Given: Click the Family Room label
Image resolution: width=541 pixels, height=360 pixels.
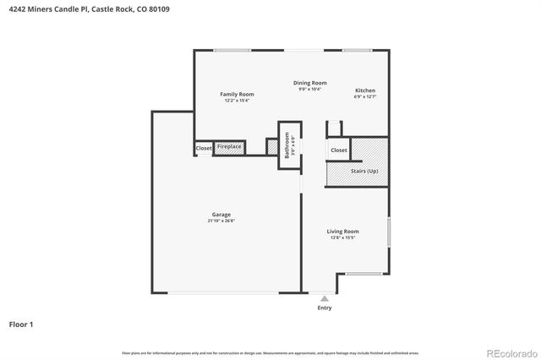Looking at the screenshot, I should pyautogui.click(x=237, y=94).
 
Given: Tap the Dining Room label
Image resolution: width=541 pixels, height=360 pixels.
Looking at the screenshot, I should pyautogui.click(x=310, y=83).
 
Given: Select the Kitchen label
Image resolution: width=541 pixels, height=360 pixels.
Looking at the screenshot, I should pyautogui.click(x=365, y=90).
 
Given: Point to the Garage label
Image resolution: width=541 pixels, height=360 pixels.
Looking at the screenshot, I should pyautogui.click(x=221, y=215).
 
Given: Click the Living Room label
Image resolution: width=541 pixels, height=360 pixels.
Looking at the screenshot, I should pyautogui.click(x=343, y=231).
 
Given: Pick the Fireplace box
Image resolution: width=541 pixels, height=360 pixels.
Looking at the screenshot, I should pyautogui.click(x=229, y=147).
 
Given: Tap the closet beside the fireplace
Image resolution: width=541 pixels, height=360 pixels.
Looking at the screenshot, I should pyautogui.click(x=204, y=148).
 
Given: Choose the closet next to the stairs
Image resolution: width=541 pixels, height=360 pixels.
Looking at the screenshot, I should pyautogui.click(x=338, y=150).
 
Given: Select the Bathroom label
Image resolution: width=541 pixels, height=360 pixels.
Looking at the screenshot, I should pyautogui.click(x=287, y=145).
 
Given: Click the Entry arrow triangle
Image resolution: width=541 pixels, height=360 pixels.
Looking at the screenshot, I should pyautogui.click(x=324, y=298).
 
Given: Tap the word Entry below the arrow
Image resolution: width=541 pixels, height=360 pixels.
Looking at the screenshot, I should pyautogui.click(x=325, y=308).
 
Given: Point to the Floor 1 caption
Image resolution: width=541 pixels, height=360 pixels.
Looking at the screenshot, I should pyautogui.click(x=21, y=324).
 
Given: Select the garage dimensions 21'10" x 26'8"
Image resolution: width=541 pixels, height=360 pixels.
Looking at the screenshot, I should pyautogui.click(x=221, y=221).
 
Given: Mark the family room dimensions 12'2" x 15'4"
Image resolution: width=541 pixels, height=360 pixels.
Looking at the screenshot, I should pyautogui.click(x=237, y=101).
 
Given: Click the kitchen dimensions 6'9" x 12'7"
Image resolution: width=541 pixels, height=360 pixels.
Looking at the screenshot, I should pyautogui.click(x=365, y=97).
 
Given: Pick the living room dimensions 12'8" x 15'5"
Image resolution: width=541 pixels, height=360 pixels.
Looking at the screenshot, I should pyautogui.click(x=343, y=237).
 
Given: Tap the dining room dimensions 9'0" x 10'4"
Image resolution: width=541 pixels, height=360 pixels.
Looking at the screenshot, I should pyautogui.click(x=310, y=90).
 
